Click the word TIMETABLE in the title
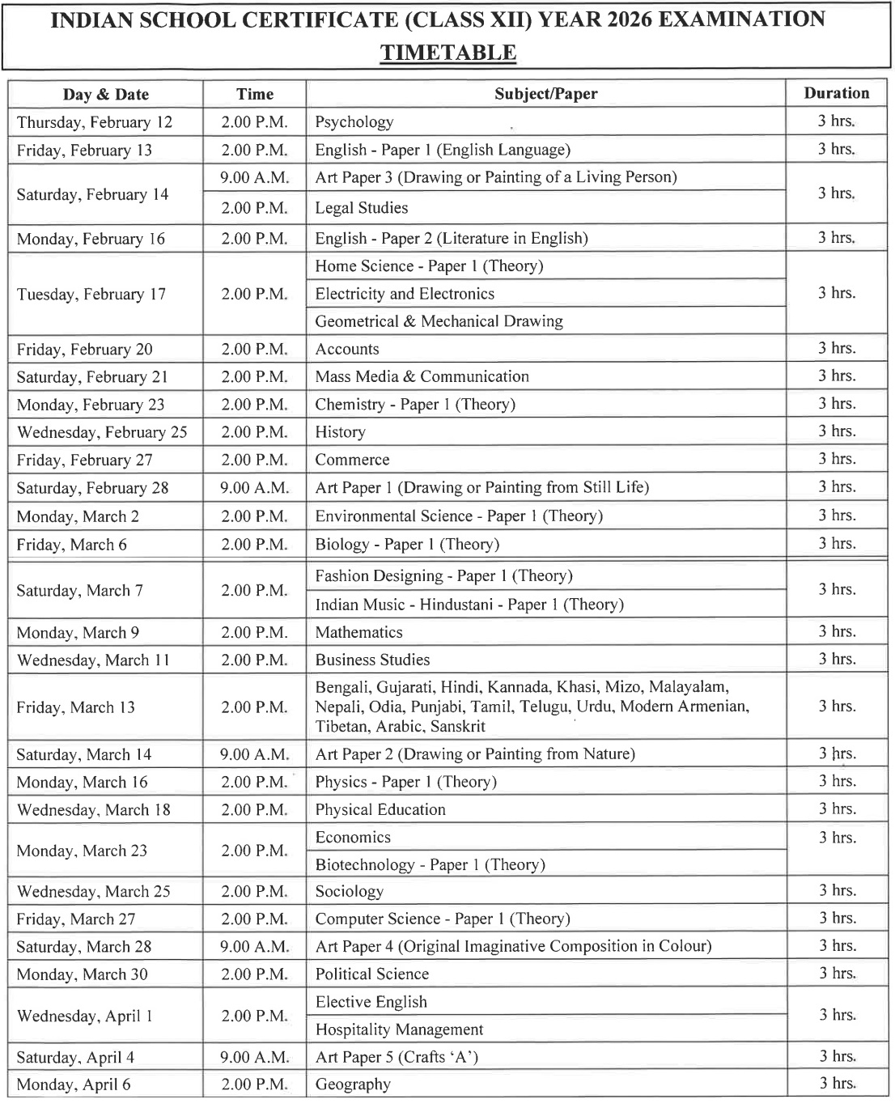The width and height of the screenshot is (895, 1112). pyautogui.click(x=447, y=53)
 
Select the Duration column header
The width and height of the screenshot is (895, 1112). pyautogui.click(x=836, y=93)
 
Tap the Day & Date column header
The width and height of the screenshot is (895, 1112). pyautogui.click(x=106, y=94)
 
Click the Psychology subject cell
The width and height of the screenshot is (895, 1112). pyautogui.click(x=354, y=122)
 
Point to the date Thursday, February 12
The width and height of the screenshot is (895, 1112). pyautogui.click(x=95, y=122)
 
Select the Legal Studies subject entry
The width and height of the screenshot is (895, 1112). pyautogui.click(x=362, y=208)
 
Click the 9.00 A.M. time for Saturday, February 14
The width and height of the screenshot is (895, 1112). pyautogui.click(x=255, y=177)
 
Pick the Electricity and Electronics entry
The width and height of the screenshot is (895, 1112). pyautogui.click(x=405, y=294)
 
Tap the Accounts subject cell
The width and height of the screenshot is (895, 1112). pyautogui.click(x=347, y=349)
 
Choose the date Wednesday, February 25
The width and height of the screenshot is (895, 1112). pyautogui.click(x=102, y=432)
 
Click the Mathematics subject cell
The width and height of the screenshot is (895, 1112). pyautogui.click(x=358, y=632)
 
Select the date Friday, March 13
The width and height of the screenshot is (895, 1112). pyautogui.click(x=76, y=707)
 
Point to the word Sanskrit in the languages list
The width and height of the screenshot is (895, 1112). pyautogui.click(x=458, y=726)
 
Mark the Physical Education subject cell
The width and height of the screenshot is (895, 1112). pyautogui.click(x=380, y=809)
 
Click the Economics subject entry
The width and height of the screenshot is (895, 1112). pyautogui.click(x=353, y=837)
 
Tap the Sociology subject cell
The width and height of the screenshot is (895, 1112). pyautogui.click(x=350, y=891)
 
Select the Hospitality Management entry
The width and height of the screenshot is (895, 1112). pyautogui.click(x=399, y=1029)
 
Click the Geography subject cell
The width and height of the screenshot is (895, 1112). pyautogui.click(x=353, y=1084)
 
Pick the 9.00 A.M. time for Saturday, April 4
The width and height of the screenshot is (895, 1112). pyautogui.click(x=255, y=1057)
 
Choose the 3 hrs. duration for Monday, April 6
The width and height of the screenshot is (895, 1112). pyautogui.click(x=837, y=1084)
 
